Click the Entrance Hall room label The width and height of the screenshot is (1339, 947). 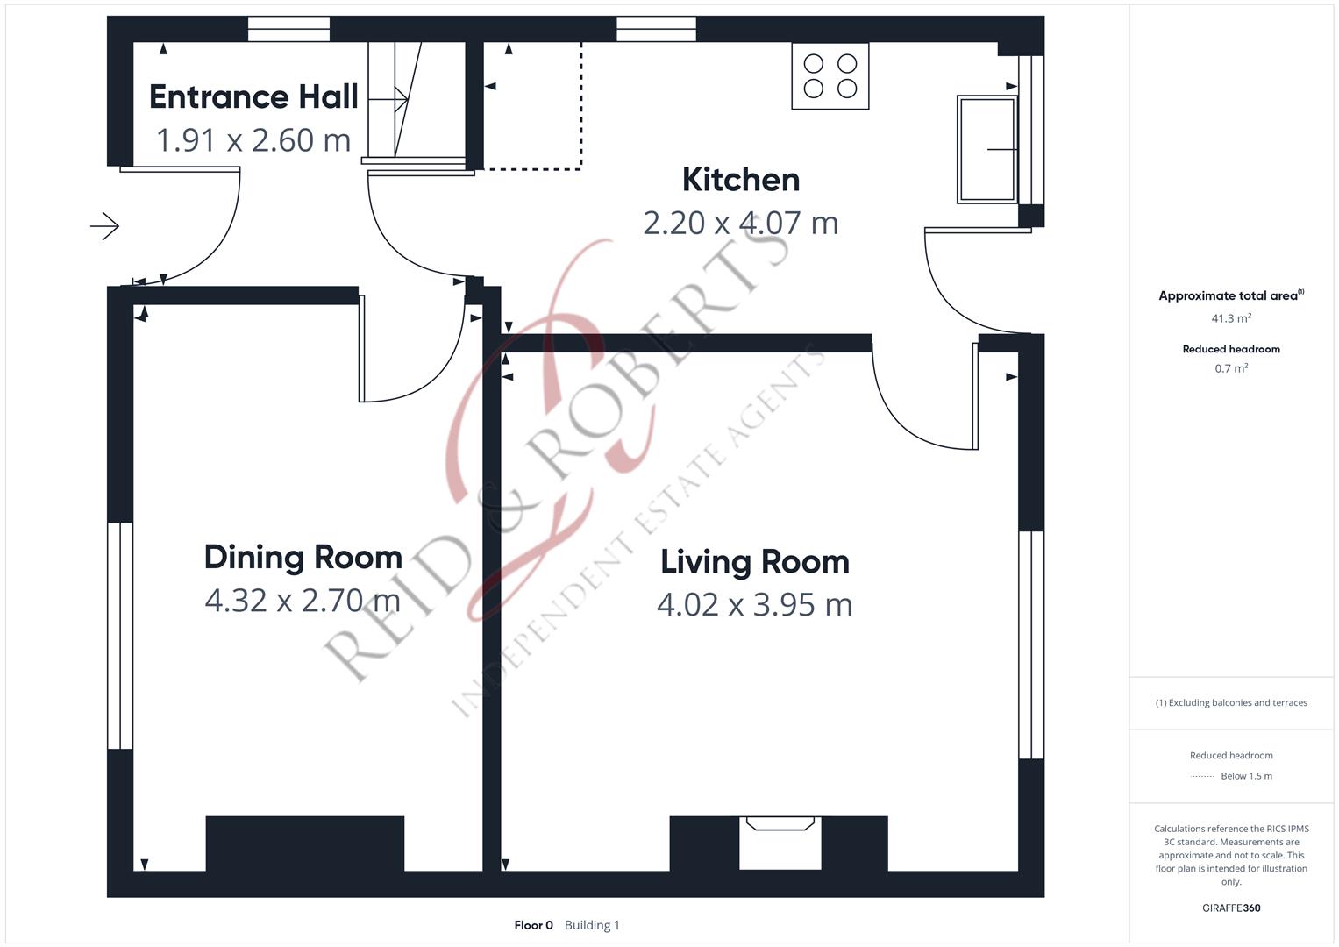[253, 96]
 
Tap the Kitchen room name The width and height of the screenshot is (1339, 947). [741, 180]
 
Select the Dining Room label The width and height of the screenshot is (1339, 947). [303, 558]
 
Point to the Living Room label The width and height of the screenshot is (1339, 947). [754, 563]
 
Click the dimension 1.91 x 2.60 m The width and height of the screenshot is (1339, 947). [253, 140]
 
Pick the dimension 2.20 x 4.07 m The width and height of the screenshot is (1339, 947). [741, 223]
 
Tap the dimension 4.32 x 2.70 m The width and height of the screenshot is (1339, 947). [303, 601]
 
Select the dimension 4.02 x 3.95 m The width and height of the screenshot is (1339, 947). [754, 604]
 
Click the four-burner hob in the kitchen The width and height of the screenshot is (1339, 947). [830, 76]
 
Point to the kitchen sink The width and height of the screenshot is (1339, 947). [986, 149]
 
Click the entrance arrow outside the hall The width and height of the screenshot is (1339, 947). [104, 226]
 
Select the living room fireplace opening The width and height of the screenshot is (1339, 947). [780, 843]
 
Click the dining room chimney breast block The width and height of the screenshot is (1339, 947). [305, 844]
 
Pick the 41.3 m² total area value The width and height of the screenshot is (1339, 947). [1231, 318]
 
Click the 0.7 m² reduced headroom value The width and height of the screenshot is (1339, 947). [1231, 368]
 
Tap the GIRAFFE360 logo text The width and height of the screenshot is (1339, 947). [1231, 908]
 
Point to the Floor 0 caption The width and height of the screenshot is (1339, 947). [533, 925]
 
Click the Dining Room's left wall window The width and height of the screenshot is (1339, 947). [120, 636]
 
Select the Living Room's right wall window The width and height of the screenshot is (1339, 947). [1031, 644]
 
